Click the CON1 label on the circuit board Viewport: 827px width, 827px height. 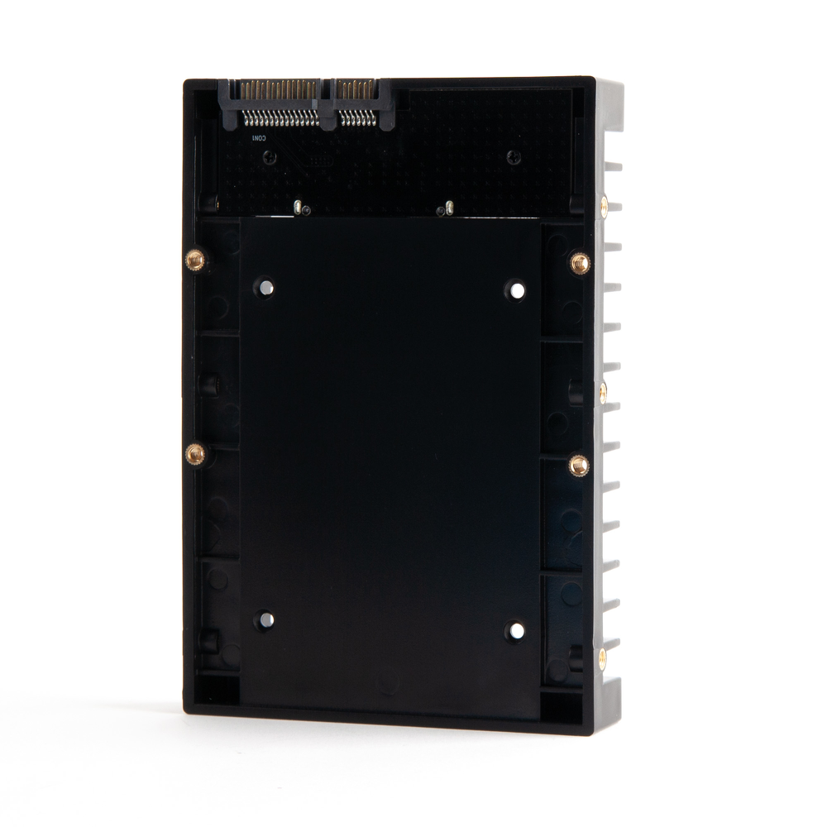[256, 138]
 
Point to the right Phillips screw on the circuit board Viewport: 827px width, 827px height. [514, 156]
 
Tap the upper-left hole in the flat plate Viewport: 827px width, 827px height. [266, 289]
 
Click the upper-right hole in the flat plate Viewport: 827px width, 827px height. [517, 290]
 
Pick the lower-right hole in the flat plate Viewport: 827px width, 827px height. [516, 631]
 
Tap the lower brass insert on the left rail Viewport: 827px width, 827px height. [195, 452]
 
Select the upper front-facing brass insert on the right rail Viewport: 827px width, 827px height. [580, 264]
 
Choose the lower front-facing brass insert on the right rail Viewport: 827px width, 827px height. [579, 466]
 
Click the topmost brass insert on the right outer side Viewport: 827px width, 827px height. [605, 204]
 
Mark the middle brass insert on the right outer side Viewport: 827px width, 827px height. [603, 388]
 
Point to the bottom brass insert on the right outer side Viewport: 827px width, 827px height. [602, 658]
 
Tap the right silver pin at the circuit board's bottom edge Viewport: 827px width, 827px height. [447, 208]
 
